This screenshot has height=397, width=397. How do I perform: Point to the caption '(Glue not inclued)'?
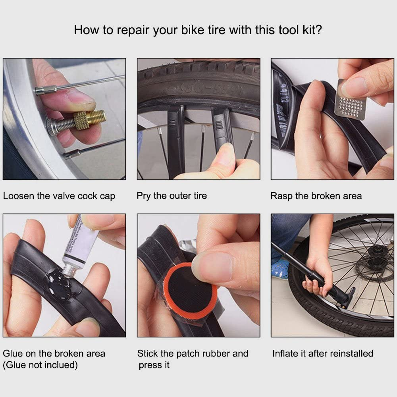tap(40, 365)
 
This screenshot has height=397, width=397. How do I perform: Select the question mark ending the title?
tap(319, 30)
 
